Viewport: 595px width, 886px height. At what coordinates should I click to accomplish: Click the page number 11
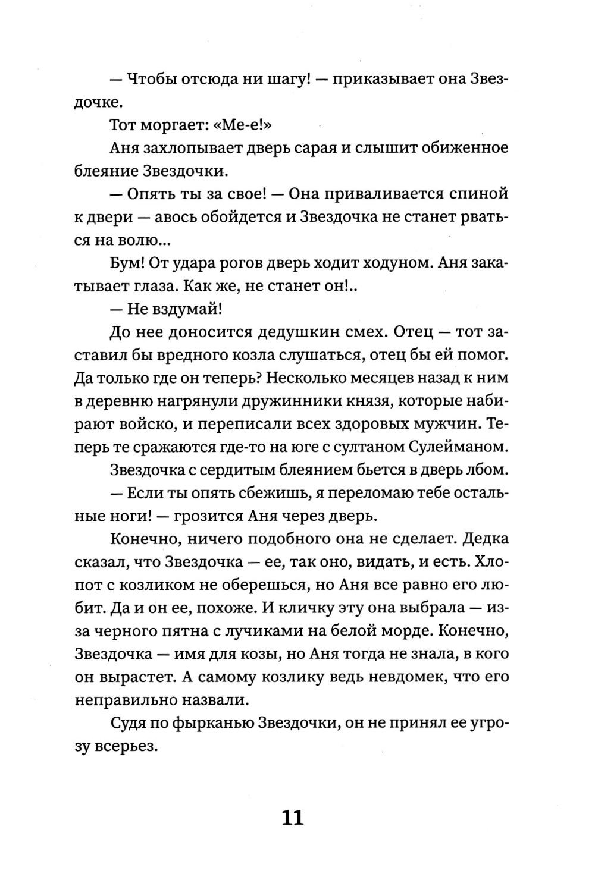point(292,818)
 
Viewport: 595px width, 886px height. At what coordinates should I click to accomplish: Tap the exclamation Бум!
point(126,263)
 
